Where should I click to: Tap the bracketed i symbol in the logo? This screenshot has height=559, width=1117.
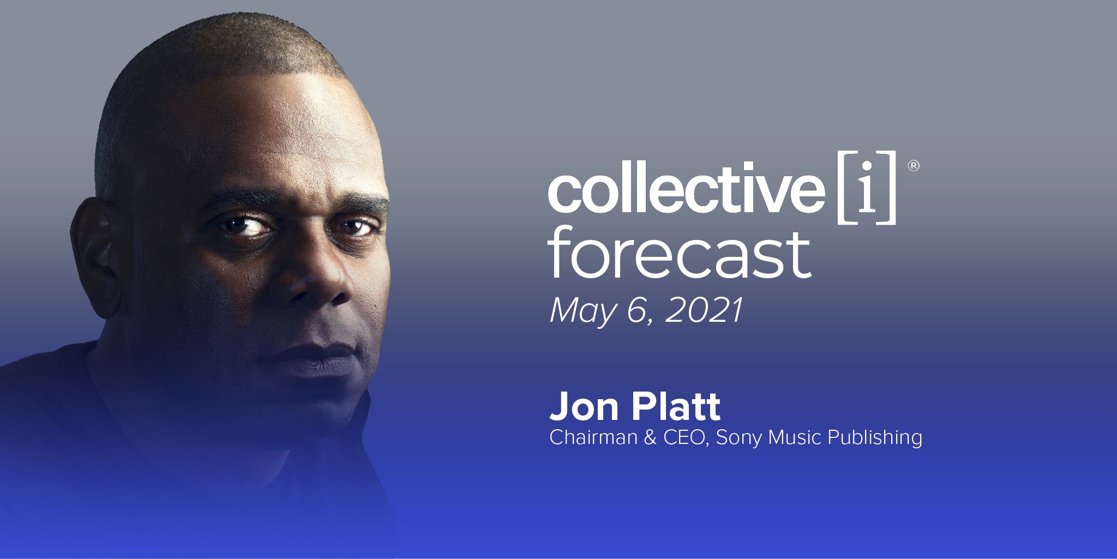(867, 187)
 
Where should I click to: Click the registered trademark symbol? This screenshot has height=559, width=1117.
(913, 166)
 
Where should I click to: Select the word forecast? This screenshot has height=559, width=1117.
(680, 254)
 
